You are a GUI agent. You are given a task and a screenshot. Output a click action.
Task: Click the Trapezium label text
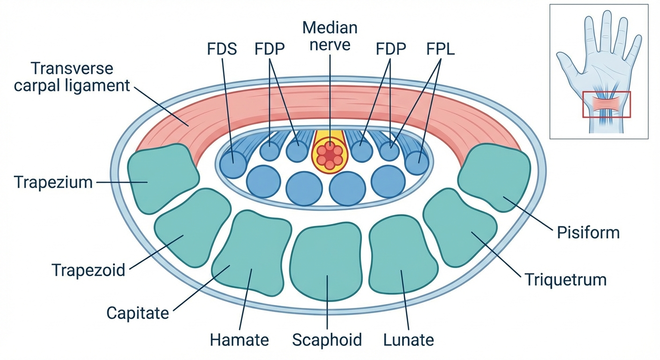[53, 182]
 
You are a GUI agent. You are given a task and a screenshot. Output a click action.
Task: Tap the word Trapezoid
[88, 270]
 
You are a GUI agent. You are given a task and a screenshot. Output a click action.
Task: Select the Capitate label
[137, 313]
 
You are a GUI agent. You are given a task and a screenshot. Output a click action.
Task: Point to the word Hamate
[239, 340]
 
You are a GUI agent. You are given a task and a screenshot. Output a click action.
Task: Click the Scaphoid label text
[327, 340]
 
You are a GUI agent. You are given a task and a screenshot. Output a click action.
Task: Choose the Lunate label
[408, 340]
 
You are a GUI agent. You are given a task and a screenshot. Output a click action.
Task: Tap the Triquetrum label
[565, 280]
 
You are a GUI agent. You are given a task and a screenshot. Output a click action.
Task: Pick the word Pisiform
[588, 232]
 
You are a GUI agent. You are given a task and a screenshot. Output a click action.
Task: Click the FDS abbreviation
[222, 49]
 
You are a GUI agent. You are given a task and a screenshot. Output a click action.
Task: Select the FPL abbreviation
[441, 49]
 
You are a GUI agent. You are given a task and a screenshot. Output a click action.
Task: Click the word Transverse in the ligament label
[72, 68]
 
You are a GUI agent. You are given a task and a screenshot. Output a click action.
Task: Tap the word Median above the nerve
[330, 27]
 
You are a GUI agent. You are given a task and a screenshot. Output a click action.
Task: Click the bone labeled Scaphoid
[327, 262]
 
